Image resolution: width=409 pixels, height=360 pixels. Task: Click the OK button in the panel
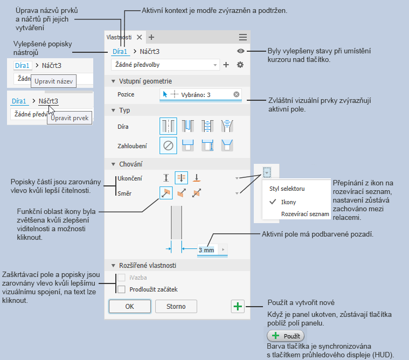pos(129,307)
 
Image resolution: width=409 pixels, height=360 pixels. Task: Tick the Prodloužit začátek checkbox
pos(121,289)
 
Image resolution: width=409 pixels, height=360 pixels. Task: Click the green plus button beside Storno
pos(238,307)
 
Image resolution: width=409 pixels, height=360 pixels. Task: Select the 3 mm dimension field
pos(206,250)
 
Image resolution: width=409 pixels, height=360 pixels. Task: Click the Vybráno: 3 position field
pos(201,94)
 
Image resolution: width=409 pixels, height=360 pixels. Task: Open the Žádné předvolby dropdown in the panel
pos(165,65)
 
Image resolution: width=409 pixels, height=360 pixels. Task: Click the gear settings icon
pos(240,65)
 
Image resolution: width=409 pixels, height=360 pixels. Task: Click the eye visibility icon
pos(240,51)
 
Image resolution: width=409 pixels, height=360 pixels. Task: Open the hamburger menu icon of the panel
pos(243,37)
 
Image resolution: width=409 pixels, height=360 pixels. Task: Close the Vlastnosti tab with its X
pos(139,37)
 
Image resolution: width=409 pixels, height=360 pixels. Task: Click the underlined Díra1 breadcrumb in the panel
pos(120,52)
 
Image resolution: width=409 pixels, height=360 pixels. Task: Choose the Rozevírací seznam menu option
pos(304,214)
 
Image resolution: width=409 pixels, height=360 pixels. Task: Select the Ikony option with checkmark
pos(288,202)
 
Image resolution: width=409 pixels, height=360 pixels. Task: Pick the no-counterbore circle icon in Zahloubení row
pos(168,145)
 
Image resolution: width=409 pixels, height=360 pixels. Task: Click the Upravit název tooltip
pos(53,82)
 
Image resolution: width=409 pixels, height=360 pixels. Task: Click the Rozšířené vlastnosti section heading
pos(147,265)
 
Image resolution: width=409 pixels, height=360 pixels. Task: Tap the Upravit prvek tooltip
pos(70,117)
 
